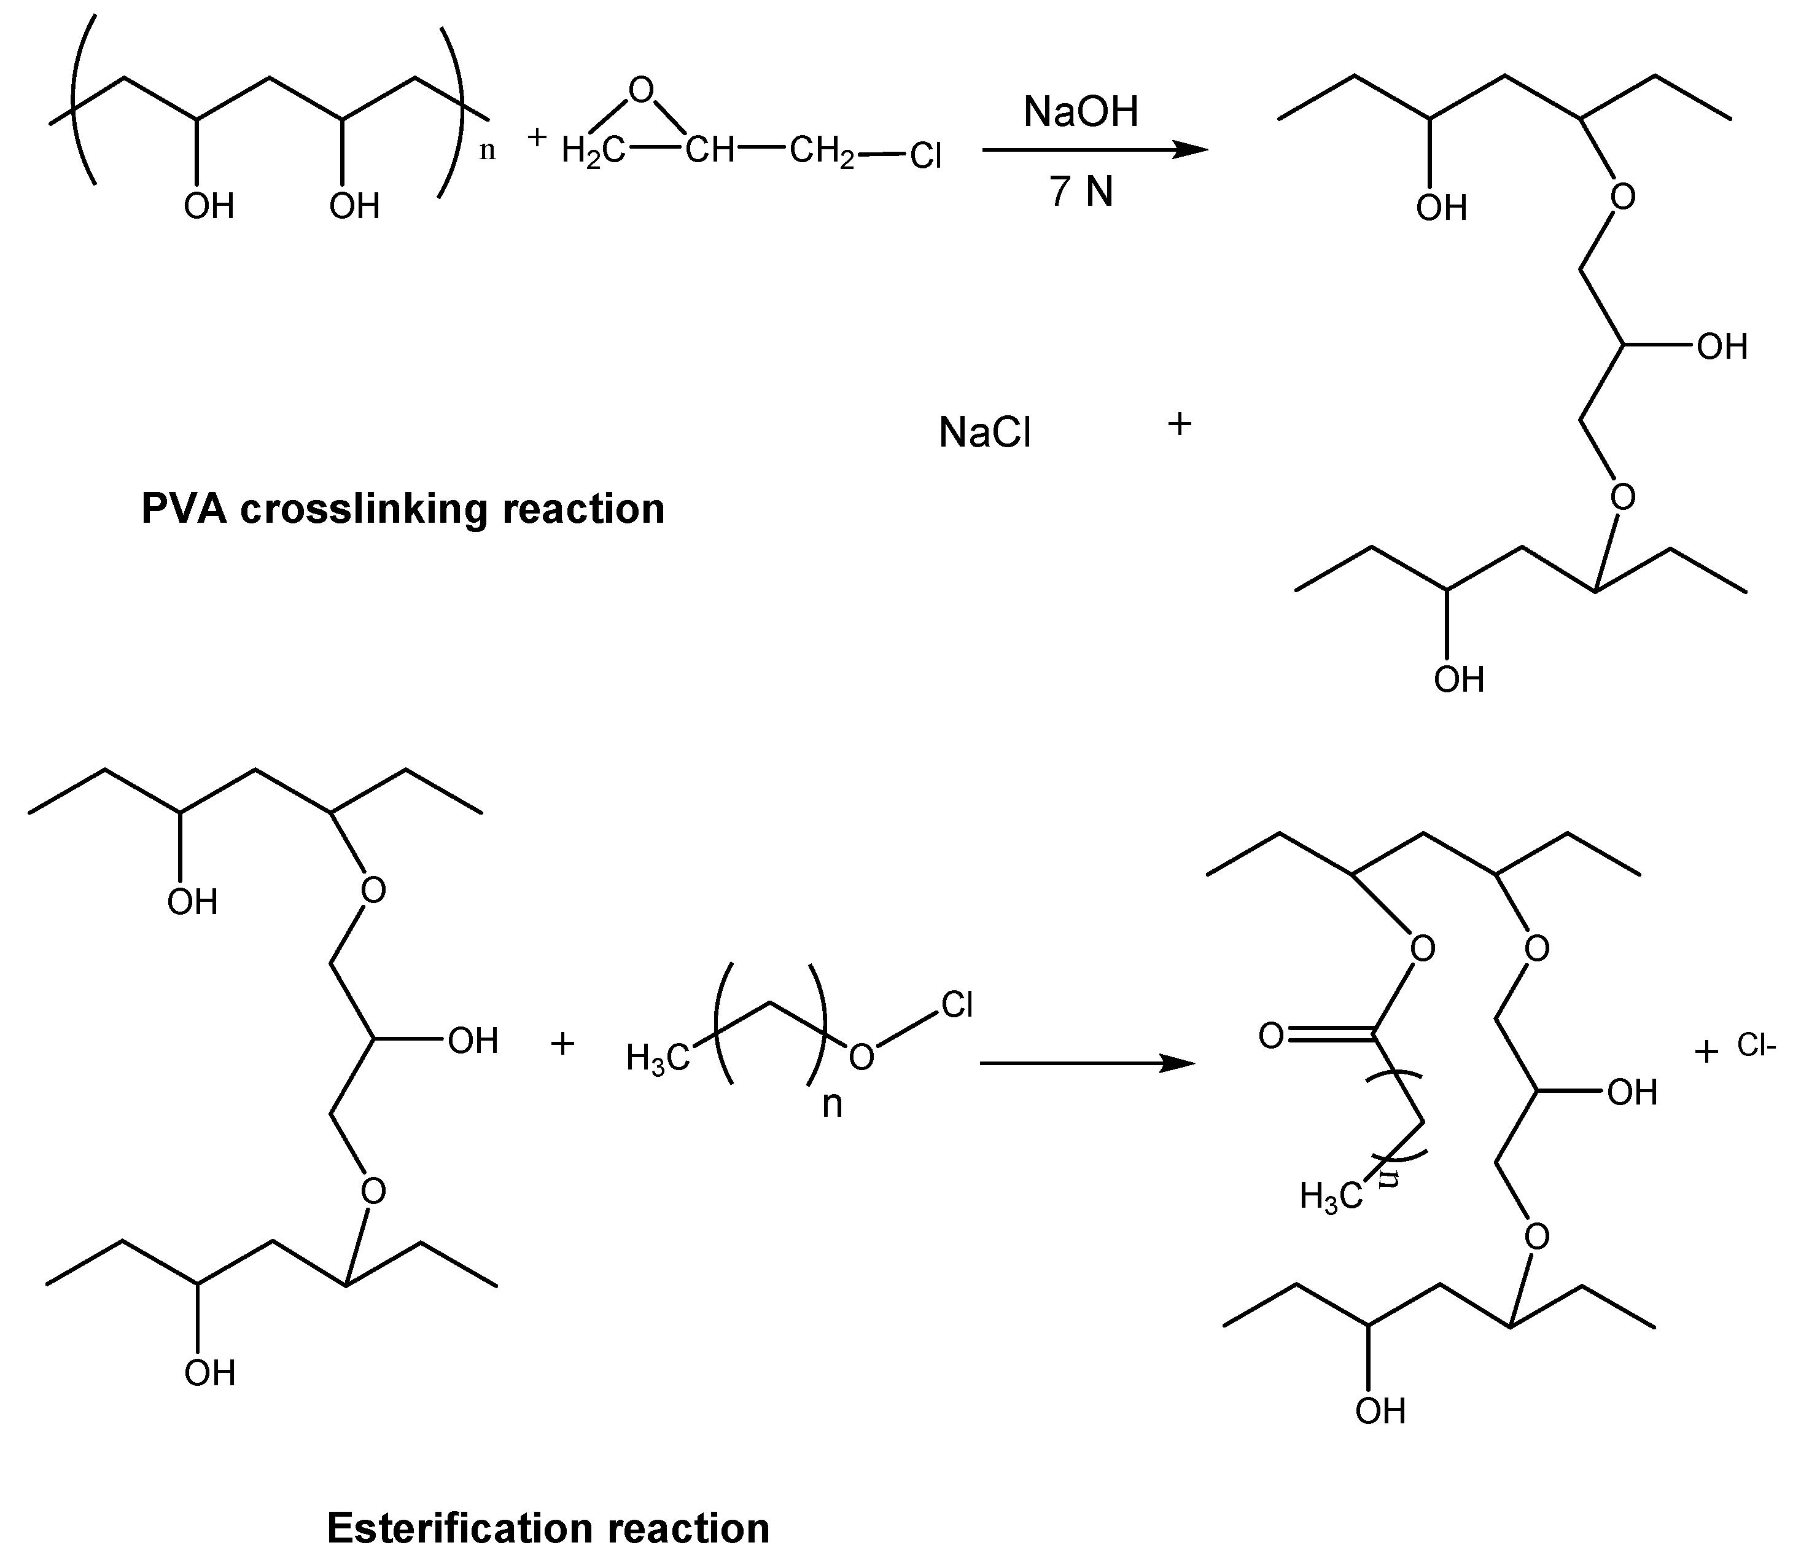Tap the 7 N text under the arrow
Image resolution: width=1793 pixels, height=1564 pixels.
1081,191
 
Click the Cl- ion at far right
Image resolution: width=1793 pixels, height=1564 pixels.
1756,1046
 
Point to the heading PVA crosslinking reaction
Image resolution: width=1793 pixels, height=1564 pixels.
402,509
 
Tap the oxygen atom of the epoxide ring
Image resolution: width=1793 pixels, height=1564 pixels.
641,90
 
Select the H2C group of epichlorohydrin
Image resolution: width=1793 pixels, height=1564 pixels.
593,152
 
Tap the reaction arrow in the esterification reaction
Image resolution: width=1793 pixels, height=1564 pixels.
1086,1063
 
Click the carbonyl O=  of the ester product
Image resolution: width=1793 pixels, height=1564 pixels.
1272,1037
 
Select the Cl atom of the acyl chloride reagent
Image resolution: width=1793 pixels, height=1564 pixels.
957,1006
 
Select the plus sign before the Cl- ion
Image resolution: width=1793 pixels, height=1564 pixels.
1706,1052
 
